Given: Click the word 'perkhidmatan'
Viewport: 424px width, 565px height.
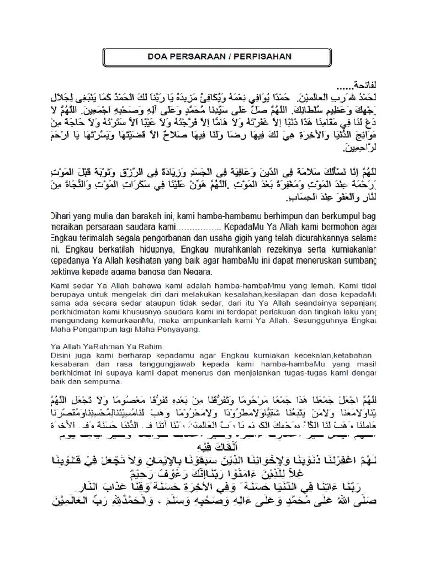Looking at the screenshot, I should click(71, 312).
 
